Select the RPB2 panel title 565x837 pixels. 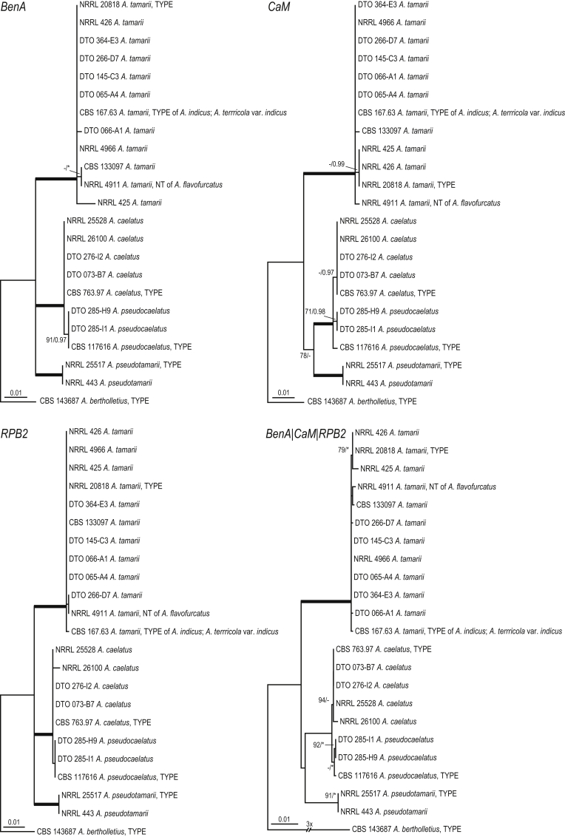click(15, 430)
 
